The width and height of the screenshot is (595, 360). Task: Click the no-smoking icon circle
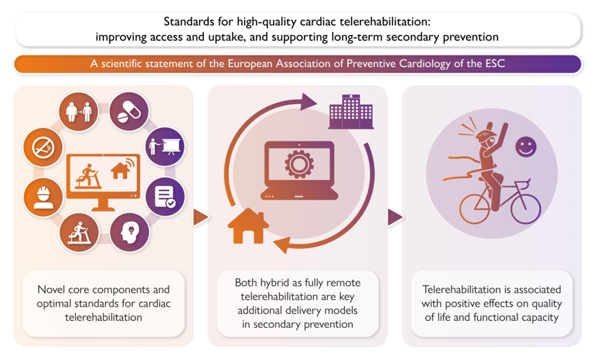point(43,147)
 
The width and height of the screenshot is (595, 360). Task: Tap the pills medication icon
point(128,110)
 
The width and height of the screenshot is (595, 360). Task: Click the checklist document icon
point(165,196)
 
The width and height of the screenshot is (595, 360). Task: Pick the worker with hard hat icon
point(43,196)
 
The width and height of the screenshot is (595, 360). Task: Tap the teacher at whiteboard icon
point(165,146)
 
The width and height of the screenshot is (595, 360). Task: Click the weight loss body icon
point(78,111)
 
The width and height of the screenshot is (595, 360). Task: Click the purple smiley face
point(525,146)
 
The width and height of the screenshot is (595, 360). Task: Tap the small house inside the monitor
point(121,169)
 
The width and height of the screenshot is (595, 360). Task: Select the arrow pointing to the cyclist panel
point(395,218)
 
